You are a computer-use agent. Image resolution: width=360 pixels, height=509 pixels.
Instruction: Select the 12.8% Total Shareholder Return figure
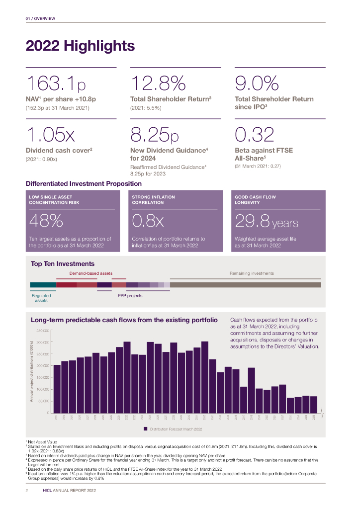pyautogui.click(x=158, y=83)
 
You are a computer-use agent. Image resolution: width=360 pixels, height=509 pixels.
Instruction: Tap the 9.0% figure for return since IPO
pyautogui.click(x=257, y=83)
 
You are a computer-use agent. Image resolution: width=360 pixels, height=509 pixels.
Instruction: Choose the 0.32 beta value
pyautogui.click(x=255, y=135)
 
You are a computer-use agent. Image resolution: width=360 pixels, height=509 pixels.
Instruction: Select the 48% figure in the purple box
pyautogui.click(x=46, y=220)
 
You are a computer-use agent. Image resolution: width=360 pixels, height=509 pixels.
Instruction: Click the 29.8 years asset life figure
pyautogui.click(x=266, y=220)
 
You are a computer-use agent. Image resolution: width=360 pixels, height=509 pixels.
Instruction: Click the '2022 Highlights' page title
pyautogui.click(x=80, y=46)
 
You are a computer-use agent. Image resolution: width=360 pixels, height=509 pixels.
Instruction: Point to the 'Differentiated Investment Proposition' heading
pyautogui.click(x=83, y=183)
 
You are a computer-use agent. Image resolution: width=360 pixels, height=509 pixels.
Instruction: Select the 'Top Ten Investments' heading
pyautogui.click(x=62, y=263)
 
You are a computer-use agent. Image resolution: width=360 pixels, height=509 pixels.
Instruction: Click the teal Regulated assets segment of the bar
pyautogui.click(x=43, y=285)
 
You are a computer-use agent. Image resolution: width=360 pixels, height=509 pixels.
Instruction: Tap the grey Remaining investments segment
pyautogui.click(x=246, y=285)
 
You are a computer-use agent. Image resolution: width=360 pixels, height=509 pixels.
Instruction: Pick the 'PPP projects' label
pyautogui.click(x=130, y=296)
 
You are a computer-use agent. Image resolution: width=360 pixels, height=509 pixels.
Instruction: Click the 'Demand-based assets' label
pyautogui.click(x=91, y=273)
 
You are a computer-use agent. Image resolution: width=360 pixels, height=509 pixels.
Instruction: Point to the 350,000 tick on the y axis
pyautogui.click(x=42, y=330)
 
